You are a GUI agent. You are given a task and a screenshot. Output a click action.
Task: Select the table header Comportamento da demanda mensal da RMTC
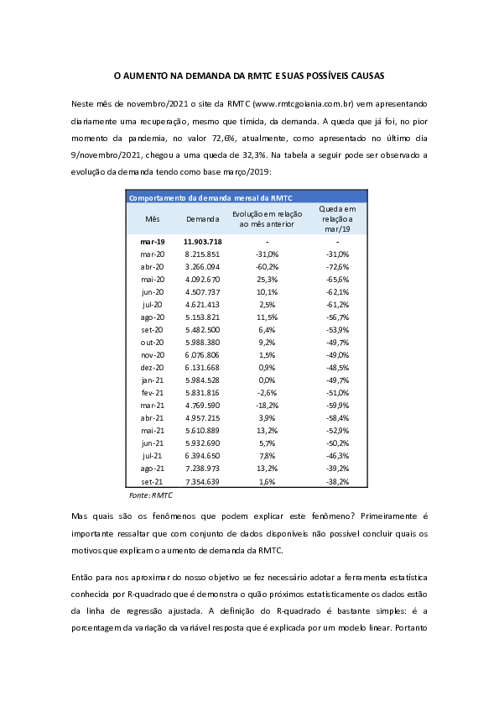(x=210, y=198)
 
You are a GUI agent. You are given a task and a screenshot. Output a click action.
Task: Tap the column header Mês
(x=152, y=218)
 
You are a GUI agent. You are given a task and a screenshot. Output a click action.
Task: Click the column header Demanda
(x=202, y=218)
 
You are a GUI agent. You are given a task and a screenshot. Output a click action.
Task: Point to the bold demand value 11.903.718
(x=202, y=241)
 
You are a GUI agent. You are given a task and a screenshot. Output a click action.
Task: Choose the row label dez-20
(x=152, y=367)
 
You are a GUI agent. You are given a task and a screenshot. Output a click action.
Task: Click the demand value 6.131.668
(x=202, y=367)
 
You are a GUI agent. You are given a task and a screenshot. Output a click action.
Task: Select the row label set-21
(x=152, y=481)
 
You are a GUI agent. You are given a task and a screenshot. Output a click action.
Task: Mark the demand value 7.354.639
(x=202, y=481)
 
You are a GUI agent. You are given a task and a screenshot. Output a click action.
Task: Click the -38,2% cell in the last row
(x=337, y=481)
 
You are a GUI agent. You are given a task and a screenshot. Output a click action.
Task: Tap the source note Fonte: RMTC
(x=144, y=495)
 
